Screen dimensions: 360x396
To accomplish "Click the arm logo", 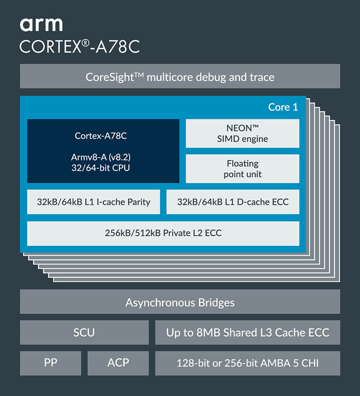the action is click(41, 25).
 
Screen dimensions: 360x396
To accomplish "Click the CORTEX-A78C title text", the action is click(80, 47).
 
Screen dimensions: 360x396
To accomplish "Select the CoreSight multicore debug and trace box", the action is click(180, 76).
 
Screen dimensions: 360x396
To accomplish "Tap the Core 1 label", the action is click(283, 107).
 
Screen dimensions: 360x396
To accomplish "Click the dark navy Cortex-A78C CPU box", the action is click(103, 151).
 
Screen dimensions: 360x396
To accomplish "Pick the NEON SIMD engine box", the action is click(243, 133).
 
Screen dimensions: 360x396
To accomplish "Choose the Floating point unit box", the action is click(243, 169).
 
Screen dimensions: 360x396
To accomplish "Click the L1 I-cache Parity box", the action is click(94, 202).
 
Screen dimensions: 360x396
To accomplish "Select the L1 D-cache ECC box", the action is click(233, 202).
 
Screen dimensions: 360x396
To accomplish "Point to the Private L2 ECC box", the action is click(163, 233).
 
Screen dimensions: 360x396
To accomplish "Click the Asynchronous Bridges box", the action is click(180, 302).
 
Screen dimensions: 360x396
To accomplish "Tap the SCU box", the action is click(84, 332).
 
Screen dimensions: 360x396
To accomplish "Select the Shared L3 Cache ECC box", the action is click(248, 332).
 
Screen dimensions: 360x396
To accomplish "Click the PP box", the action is click(51, 363).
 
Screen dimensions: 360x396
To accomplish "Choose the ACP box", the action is click(118, 363).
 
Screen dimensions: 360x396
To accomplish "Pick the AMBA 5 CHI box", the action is click(248, 363).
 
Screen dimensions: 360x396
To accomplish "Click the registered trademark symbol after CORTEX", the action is click(86, 43).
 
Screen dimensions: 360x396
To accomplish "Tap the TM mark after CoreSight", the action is click(139, 75).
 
